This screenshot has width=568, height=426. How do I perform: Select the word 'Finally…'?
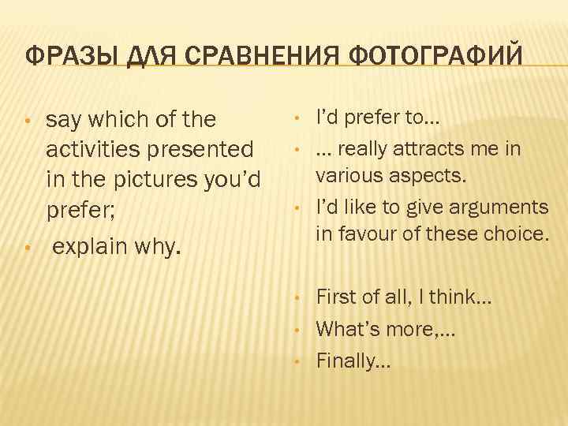[353, 361]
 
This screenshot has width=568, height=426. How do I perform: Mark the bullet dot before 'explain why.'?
[27, 249]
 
